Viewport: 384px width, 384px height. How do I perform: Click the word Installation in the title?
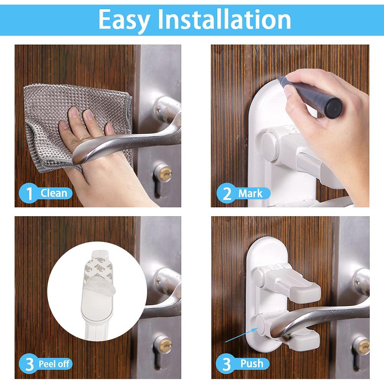click(x=224, y=19)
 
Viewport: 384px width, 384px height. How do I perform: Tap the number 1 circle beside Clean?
click(x=29, y=194)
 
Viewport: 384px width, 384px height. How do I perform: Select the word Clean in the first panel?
click(x=54, y=193)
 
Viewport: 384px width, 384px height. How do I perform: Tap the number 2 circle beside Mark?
click(x=227, y=193)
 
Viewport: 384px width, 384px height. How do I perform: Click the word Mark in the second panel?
click(x=250, y=194)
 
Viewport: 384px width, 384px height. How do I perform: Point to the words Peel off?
click(x=54, y=364)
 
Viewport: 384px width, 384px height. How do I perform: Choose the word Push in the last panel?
click(x=252, y=363)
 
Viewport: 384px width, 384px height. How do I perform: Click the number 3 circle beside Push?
click(x=226, y=364)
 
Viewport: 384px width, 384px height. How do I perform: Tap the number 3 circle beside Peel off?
click(x=29, y=364)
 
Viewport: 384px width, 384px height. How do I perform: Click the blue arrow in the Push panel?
click(x=242, y=335)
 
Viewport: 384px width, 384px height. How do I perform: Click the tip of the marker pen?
click(x=279, y=78)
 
